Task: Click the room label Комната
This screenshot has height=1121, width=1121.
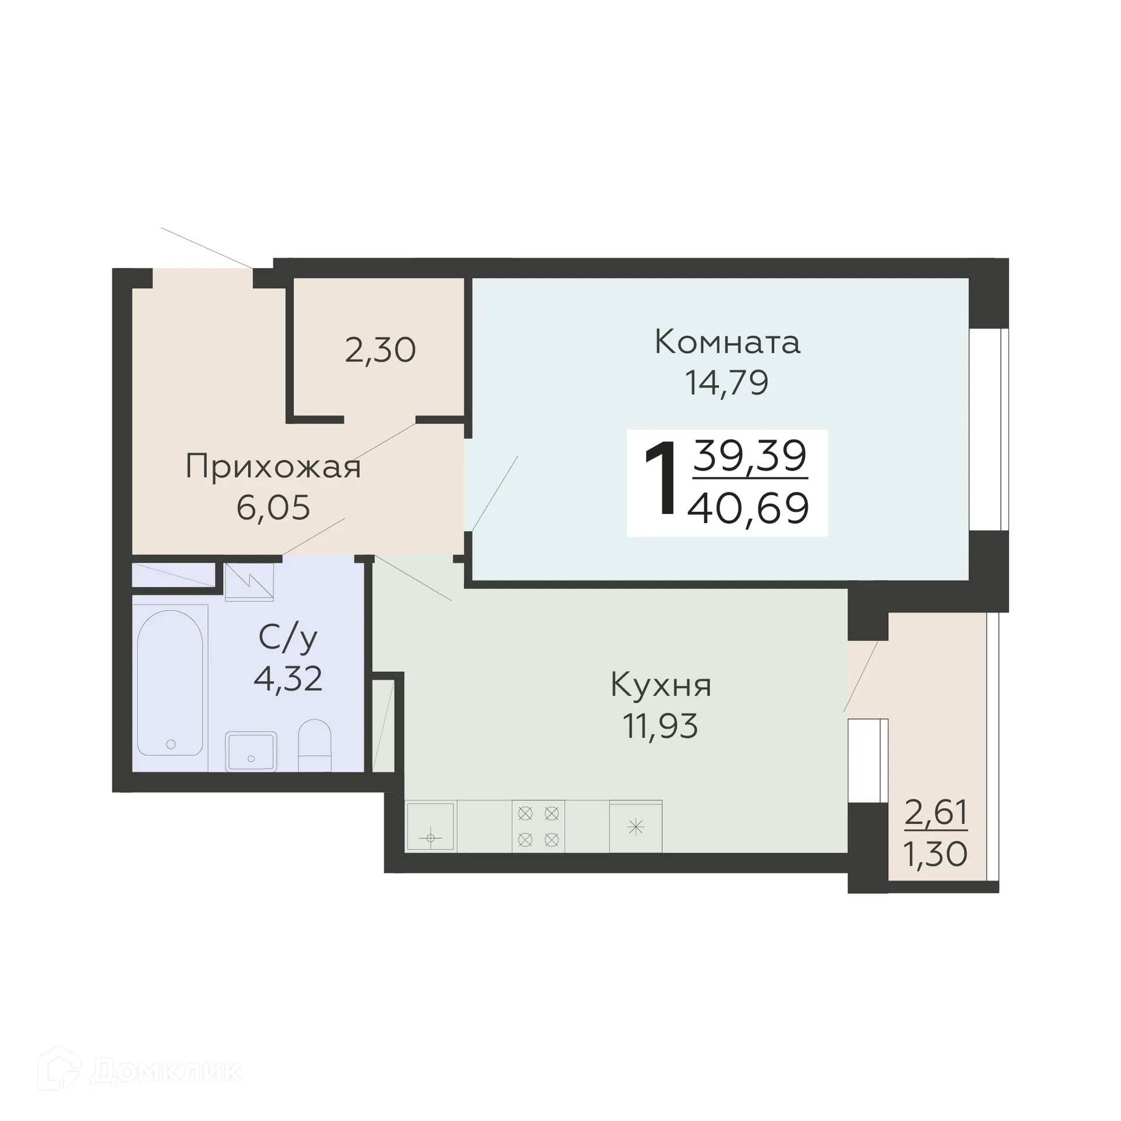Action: tap(727, 342)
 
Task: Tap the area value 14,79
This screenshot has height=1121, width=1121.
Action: tap(726, 384)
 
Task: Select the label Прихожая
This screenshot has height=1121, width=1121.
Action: tap(273, 468)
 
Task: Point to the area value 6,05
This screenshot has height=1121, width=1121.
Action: tap(273, 507)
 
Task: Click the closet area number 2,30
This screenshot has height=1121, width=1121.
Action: tap(380, 351)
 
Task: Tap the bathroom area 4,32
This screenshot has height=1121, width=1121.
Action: tap(288, 678)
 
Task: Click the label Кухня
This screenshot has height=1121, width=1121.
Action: tap(661, 685)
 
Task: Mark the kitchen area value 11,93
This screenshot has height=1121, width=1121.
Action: tap(660, 726)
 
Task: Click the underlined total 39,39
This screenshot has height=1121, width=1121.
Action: tap(750, 457)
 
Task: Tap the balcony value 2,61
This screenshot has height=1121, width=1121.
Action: tap(936, 813)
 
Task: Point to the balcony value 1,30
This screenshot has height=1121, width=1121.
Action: tap(935, 855)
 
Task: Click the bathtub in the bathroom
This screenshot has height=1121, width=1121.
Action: tap(170, 683)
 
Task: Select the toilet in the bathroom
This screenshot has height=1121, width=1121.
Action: tap(315, 745)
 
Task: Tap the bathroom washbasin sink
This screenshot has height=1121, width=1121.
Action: tap(251, 751)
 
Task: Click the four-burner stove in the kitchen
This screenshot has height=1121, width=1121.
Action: tap(538, 827)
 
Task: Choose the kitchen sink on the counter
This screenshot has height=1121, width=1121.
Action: tap(431, 827)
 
